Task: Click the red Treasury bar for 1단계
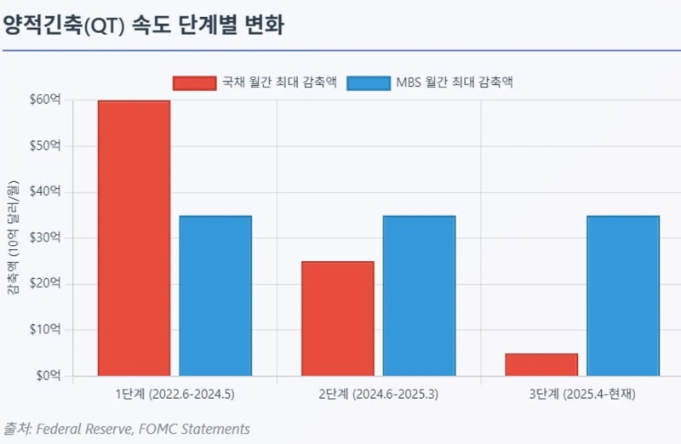click(x=134, y=238)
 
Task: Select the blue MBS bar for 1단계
click(x=215, y=295)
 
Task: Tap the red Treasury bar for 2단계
click(x=338, y=318)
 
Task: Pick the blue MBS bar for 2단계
click(x=419, y=295)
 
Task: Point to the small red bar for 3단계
click(x=541, y=364)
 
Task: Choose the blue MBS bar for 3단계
click(x=623, y=295)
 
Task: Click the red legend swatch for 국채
click(x=194, y=83)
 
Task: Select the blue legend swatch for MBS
click(x=369, y=83)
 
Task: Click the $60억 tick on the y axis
click(x=45, y=100)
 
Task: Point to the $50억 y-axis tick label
click(x=45, y=146)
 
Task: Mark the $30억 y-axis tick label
click(x=45, y=238)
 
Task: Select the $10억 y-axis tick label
click(x=45, y=330)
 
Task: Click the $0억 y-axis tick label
click(x=48, y=376)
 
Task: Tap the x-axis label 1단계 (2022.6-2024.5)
click(x=175, y=395)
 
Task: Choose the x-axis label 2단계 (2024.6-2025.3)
click(x=379, y=395)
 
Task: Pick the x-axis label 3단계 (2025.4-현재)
click(x=582, y=395)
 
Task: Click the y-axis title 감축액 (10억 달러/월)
click(x=13, y=238)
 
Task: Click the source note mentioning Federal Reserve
click(x=128, y=429)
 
